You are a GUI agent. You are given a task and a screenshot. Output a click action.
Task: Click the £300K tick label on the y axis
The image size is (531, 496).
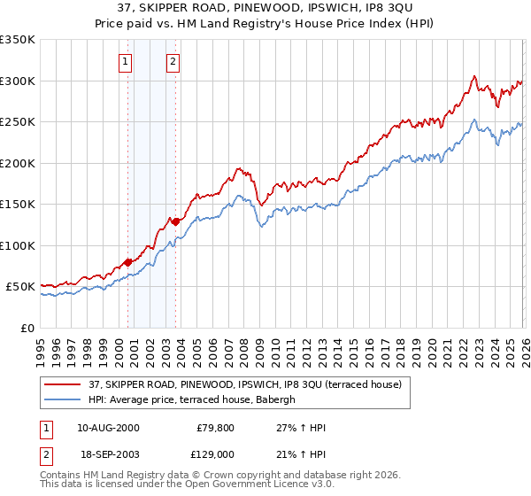point(18,81)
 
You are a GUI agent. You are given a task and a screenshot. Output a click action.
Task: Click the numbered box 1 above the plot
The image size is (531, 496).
point(126,62)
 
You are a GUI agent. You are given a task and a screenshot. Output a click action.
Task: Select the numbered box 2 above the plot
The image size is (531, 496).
point(173,62)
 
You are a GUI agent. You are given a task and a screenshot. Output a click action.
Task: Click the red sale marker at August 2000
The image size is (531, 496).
point(127,262)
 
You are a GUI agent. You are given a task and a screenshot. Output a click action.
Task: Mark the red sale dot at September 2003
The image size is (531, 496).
point(176,221)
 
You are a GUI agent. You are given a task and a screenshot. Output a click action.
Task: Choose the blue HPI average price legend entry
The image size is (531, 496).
point(196,399)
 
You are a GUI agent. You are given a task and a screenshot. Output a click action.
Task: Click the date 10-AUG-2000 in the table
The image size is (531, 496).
point(108,428)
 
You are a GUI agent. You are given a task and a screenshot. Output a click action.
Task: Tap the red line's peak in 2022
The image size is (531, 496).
point(474,76)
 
